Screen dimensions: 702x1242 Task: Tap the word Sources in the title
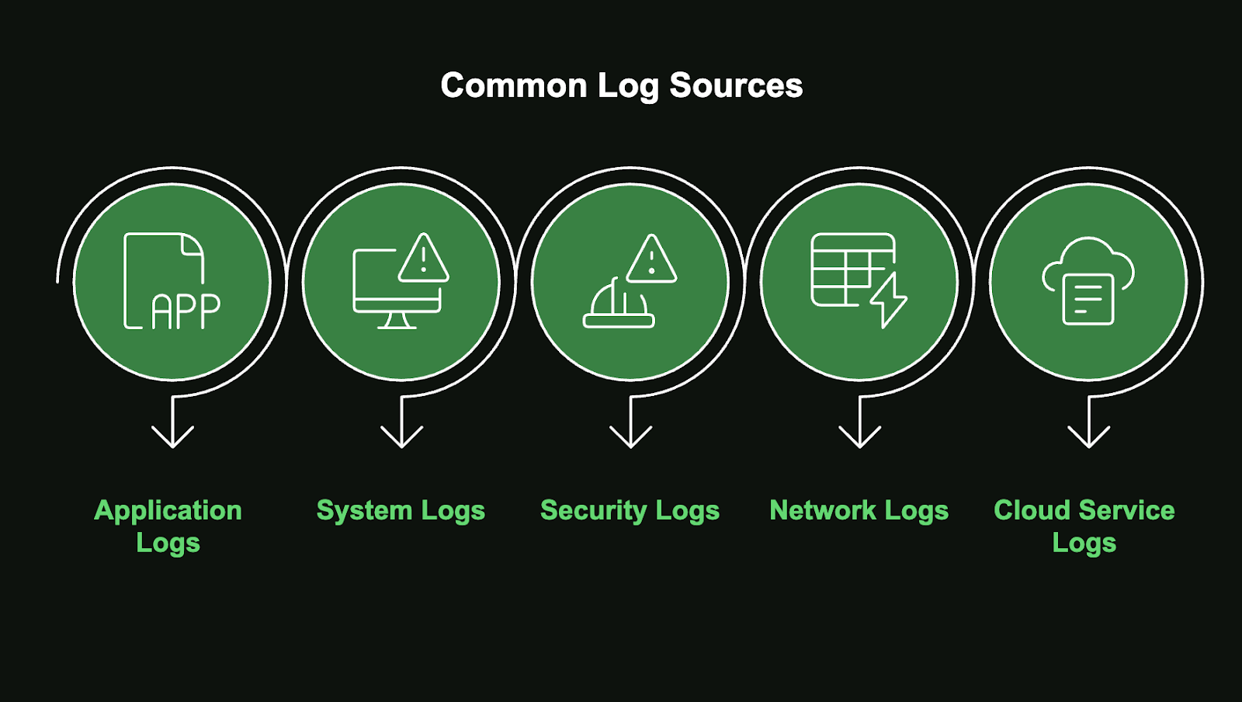pyautogui.click(x=736, y=85)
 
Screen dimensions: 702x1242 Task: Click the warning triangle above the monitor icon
pyautogui.click(x=424, y=259)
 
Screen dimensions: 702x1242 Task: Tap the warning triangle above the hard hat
pyautogui.click(x=651, y=259)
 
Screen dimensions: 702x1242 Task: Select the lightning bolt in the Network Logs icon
pyautogui.click(x=890, y=299)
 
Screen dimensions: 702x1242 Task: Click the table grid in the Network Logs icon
pyautogui.click(x=846, y=269)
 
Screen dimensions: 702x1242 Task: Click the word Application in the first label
pyautogui.click(x=168, y=511)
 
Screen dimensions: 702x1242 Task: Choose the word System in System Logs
pyautogui.click(x=364, y=511)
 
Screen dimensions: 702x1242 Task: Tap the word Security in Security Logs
pyautogui.click(x=593, y=511)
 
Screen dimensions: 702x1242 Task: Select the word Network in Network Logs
pyautogui.click(x=823, y=511)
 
